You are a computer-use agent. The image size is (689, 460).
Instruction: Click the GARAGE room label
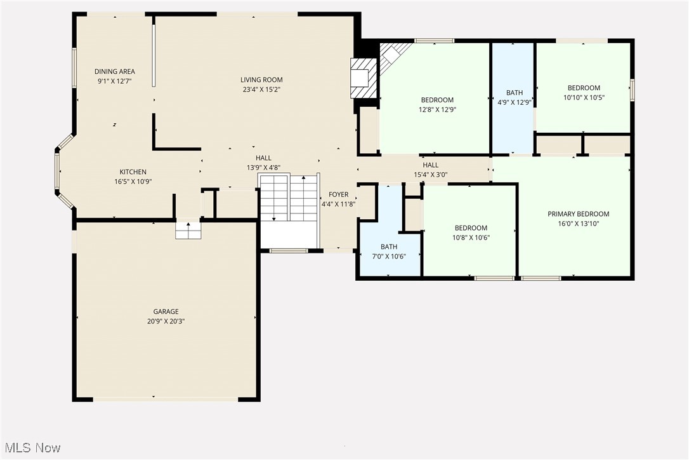[166, 311]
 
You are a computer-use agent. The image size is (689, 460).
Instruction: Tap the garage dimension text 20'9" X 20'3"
[166, 321]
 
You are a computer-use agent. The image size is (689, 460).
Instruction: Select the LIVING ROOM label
[261, 79]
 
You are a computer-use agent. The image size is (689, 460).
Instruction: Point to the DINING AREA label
[115, 72]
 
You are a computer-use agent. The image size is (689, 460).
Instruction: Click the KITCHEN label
[133, 172]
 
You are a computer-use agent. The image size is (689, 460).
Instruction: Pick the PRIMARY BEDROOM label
[578, 214]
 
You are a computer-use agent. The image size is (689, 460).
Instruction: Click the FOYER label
[338, 194]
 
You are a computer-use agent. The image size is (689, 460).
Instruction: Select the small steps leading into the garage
[188, 230]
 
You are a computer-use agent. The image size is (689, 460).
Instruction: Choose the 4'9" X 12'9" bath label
[515, 93]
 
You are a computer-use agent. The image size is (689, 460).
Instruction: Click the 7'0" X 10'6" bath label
[389, 247]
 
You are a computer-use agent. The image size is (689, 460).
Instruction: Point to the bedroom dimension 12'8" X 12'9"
[437, 109]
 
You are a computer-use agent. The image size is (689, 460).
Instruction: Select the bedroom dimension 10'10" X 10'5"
[584, 97]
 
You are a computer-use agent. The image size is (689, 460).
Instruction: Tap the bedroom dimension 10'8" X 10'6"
[471, 238]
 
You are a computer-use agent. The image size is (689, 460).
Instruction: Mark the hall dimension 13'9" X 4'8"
[263, 168]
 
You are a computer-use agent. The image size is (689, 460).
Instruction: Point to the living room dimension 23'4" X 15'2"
[261, 90]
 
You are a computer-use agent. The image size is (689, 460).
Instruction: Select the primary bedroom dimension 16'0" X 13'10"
[578, 224]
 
